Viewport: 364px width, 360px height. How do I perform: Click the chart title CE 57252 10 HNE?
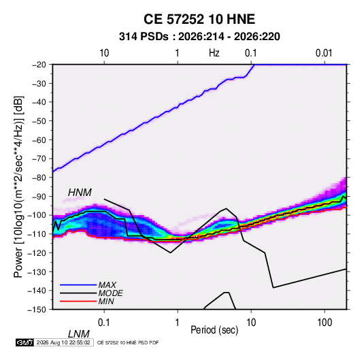(199, 19)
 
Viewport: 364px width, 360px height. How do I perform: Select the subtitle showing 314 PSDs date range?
(199, 37)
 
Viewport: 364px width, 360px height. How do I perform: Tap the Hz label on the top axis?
(214, 53)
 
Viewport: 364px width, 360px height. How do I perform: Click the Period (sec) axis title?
(214, 330)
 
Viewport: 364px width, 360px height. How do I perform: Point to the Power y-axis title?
(18, 186)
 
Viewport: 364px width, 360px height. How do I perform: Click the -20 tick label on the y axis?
(39, 65)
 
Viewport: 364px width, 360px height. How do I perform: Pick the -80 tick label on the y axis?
(39, 178)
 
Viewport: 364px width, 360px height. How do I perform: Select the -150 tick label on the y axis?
(37, 310)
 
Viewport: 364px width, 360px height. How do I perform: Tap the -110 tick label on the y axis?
(37, 234)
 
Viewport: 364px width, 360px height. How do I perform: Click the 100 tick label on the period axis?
(325, 323)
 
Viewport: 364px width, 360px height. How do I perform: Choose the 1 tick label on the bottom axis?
(178, 323)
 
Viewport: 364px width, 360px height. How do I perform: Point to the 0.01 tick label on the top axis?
(324, 53)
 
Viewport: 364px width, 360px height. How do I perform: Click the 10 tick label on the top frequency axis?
(104, 53)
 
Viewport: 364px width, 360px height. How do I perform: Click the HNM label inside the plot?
(80, 193)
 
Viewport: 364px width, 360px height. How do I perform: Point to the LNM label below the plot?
(78, 334)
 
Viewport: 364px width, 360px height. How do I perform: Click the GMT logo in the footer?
(24, 342)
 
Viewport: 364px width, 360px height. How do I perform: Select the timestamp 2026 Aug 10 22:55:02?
(63, 342)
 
